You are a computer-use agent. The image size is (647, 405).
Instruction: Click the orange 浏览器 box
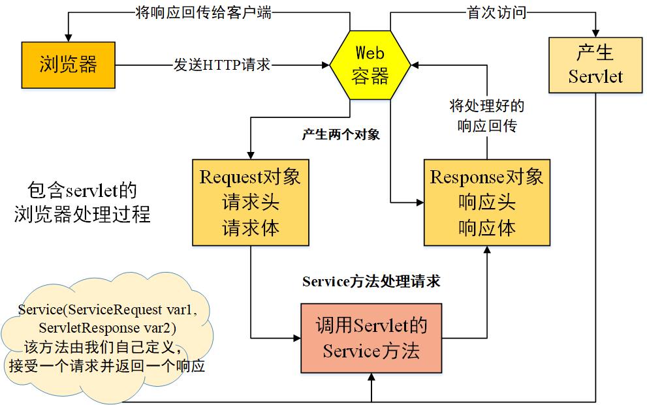tap(68, 65)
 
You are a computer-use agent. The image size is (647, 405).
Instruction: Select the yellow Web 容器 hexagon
tap(370, 65)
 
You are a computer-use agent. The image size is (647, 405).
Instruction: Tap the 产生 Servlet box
tap(595, 64)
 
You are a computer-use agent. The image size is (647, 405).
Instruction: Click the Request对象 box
tap(251, 202)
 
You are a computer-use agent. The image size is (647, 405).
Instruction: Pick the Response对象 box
tap(486, 202)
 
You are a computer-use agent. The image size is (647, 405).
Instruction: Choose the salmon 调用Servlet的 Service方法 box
tap(371, 338)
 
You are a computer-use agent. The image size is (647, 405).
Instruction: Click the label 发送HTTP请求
tap(222, 65)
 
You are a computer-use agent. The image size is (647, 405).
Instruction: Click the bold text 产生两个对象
tap(341, 135)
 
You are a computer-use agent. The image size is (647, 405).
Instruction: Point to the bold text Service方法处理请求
tap(371, 282)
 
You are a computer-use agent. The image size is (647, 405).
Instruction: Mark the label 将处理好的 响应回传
tap(486, 116)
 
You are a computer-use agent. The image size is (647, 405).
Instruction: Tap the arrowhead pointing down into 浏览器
tap(68, 37)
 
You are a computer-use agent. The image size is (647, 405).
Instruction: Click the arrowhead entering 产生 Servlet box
tap(595, 33)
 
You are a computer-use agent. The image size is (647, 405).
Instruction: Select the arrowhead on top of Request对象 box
tap(251, 153)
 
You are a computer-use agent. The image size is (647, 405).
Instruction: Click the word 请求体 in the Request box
tap(251, 228)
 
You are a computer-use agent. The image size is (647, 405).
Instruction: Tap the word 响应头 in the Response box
tap(486, 202)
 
